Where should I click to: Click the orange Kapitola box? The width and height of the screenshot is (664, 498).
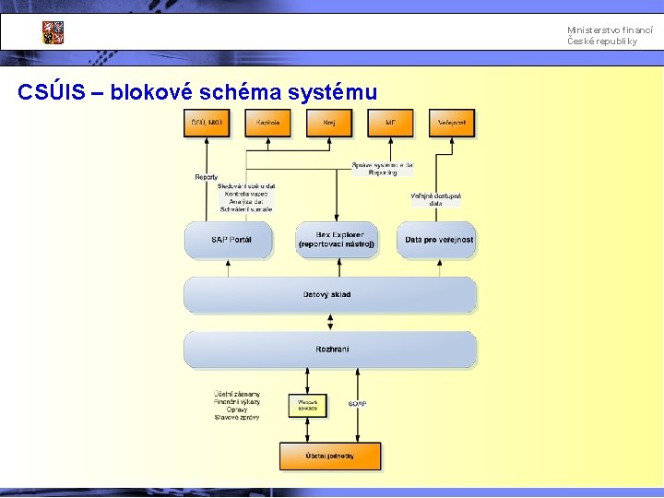pos(268,123)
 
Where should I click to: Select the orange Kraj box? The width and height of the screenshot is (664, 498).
pos(329,123)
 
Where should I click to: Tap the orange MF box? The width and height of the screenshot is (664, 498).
pos(391,123)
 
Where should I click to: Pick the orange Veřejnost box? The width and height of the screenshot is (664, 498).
pos(452,123)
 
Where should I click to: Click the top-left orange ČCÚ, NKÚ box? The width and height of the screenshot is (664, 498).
pos(207,123)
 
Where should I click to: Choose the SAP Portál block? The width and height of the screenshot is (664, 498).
pos(230,240)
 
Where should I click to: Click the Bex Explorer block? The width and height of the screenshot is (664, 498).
pos(337,240)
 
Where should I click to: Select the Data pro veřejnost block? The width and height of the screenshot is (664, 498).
pos(438,240)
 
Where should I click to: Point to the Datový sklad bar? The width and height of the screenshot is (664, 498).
pos(329,295)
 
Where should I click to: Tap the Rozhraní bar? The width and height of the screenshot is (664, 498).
pos(329,350)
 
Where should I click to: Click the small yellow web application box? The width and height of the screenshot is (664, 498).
pos(308,405)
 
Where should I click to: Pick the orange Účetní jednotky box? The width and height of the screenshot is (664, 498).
pos(330,456)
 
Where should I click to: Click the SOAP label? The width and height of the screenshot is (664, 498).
pos(358,404)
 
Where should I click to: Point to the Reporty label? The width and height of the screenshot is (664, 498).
pos(207,177)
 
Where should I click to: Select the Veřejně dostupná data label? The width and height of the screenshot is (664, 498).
pos(435,199)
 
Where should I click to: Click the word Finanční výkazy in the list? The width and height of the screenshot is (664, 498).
pos(237,402)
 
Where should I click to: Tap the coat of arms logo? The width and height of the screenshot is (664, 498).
pos(53,32)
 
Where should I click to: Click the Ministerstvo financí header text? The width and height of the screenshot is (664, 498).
pos(610,30)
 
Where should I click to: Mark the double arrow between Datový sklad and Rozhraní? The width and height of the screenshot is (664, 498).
pos(330,323)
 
